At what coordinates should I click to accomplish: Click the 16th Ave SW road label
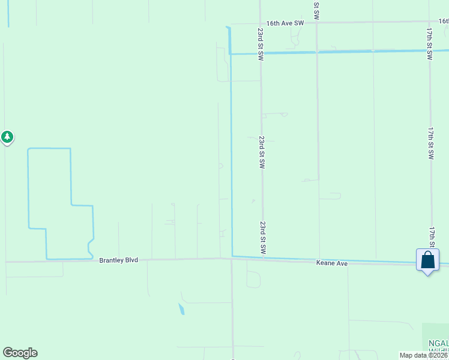click(x=286, y=23)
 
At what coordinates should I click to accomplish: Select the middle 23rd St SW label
click(x=262, y=152)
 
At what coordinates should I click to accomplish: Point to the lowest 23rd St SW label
click(x=263, y=237)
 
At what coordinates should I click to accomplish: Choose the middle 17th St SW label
click(x=431, y=143)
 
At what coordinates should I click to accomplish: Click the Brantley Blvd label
click(x=119, y=260)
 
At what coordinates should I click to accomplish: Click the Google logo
click(x=20, y=353)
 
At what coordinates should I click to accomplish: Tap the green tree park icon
click(x=7, y=137)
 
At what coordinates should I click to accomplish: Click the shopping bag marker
click(x=427, y=261)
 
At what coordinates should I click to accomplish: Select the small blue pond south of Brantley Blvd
click(x=181, y=310)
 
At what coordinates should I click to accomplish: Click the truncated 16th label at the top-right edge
click(x=443, y=21)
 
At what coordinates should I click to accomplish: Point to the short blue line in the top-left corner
click(x=8, y=13)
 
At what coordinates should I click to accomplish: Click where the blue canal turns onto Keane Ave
click(x=232, y=257)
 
